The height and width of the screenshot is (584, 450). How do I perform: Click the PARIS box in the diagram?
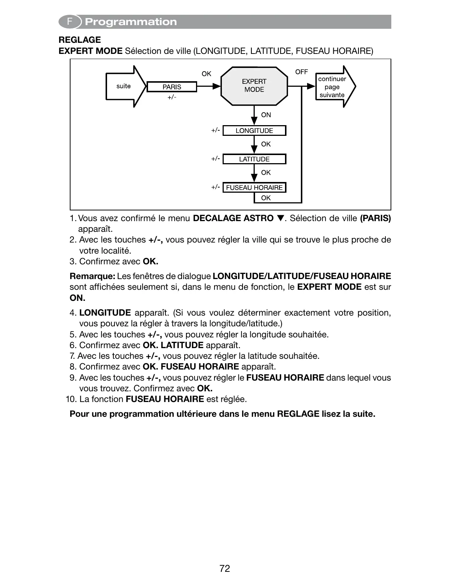click(x=172, y=87)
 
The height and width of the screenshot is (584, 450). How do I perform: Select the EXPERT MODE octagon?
click(x=254, y=86)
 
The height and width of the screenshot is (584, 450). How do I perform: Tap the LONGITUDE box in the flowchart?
click(x=254, y=131)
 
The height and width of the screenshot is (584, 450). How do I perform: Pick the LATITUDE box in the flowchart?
click(x=254, y=159)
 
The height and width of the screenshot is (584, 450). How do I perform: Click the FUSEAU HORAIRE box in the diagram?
click(x=254, y=188)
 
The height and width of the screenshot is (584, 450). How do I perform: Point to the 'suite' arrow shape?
click(x=124, y=86)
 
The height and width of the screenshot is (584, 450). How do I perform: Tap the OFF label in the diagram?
click(x=301, y=72)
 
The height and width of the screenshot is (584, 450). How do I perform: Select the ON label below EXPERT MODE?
click(x=266, y=115)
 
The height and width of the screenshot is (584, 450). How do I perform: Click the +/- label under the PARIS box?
click(x=172, y=97)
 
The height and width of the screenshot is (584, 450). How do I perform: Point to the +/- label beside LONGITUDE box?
click(x=216, y=130)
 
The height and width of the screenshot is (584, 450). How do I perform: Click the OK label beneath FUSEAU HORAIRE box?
click(x=266, y=198)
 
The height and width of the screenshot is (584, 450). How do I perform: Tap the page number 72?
click(x=224, y=568)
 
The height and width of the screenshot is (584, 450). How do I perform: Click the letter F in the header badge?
click(x=69, y=22)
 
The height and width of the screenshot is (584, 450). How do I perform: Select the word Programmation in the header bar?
click(x=131, y=22)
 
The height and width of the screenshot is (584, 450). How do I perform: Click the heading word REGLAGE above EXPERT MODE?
click(x=80, y=40)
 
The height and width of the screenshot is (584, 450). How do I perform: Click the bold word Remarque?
click(x=92, y=276)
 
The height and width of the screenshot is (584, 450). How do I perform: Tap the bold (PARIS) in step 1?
click(x=375, y=218)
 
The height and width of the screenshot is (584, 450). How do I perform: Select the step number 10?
click(x=71, y=399)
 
